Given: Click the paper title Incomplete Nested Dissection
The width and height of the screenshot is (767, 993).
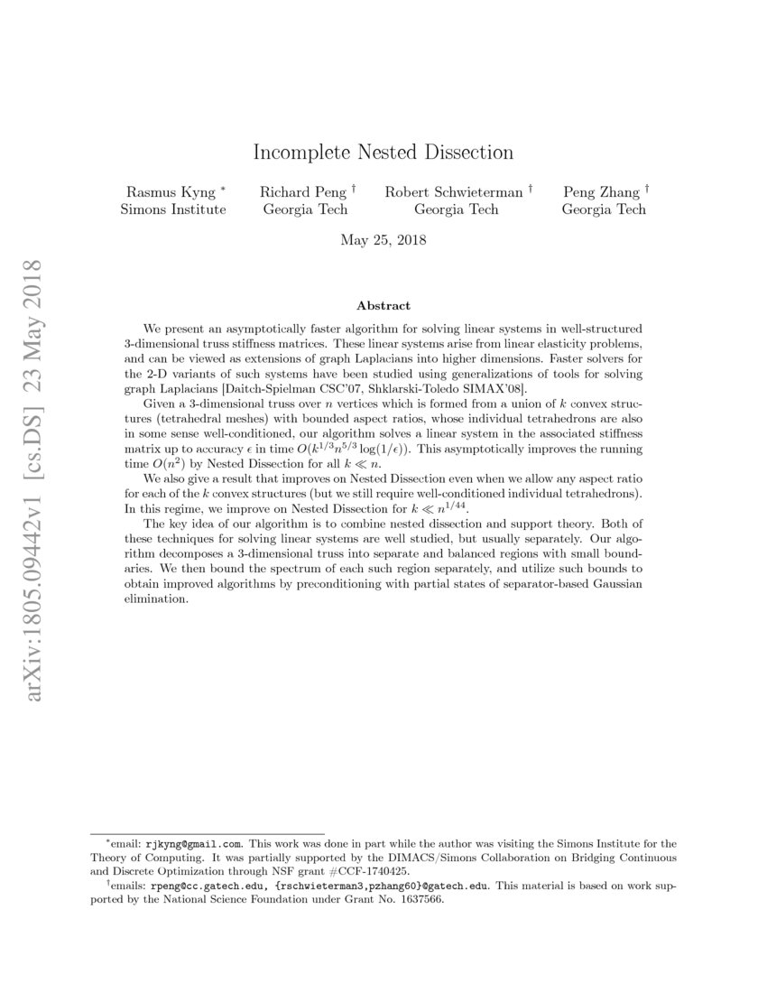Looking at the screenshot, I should click(383, 152).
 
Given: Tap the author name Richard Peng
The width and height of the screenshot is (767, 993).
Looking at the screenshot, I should click(298, 192).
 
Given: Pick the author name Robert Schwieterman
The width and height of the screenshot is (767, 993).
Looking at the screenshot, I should click(454, 192).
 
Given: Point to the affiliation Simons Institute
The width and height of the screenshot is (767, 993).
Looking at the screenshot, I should click(173, 209).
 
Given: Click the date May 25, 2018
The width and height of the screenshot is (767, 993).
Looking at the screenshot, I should click(383, 241).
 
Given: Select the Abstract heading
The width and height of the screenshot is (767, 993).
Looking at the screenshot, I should click(383, 306).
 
